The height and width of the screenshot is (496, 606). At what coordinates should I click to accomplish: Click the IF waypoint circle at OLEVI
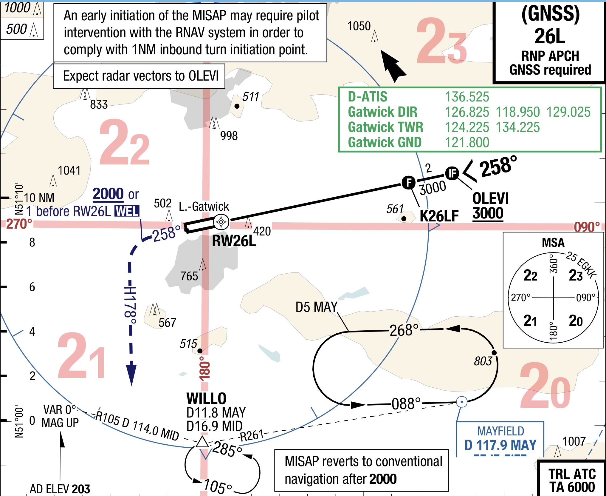click(x=452, y=173)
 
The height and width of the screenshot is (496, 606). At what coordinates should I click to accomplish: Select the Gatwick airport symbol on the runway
click(x=221, y=222)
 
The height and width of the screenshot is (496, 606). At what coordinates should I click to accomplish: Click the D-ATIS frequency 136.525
click(x=467, y=97)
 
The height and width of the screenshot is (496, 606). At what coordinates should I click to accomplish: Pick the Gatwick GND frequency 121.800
click(x=467, y=142)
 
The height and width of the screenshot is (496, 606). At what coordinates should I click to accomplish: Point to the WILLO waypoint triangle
click(x=202, y=442)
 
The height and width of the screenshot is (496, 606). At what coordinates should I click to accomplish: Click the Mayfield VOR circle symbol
click(x=462, y=402)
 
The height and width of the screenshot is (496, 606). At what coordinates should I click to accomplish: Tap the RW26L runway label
click(x=234, y=241)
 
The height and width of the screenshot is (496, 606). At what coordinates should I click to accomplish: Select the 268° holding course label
click(x=404, y=330)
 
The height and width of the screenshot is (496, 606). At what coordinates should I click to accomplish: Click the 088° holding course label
click(x=406, y=404)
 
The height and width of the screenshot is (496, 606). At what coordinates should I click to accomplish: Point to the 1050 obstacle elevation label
click(x=359, y=26)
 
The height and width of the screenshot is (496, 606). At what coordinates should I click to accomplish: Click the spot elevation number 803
click(x=483, y=361)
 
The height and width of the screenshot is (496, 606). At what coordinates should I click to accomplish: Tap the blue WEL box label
click(x=127, y=211)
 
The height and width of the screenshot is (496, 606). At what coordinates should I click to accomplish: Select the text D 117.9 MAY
click(x=500, y=445)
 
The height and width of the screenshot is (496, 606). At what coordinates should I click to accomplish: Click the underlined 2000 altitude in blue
click(x=108, y=194)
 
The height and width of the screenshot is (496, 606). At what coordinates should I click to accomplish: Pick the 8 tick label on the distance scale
click(x=32, y=242)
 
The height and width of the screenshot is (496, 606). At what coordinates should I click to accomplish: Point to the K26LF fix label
click(x=439, y=216)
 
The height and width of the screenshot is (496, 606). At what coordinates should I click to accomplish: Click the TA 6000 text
click(x=572, y=487)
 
